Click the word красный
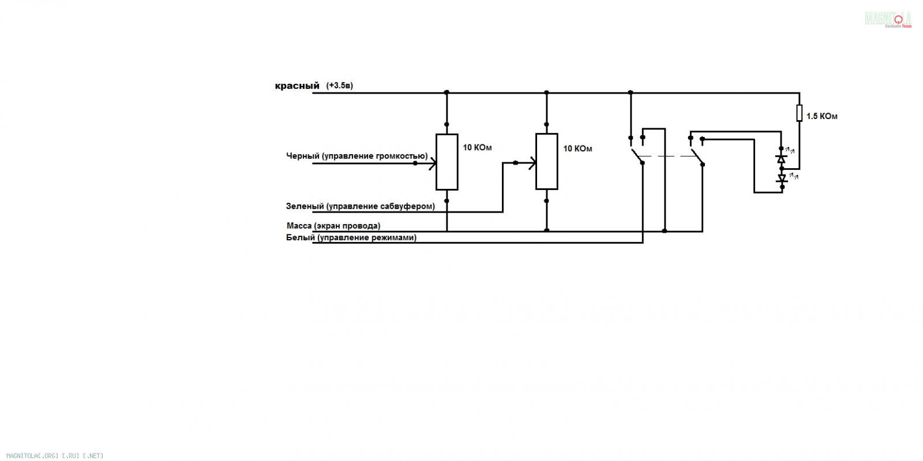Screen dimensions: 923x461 pos(297,86)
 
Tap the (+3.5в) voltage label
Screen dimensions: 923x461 pos(340,85)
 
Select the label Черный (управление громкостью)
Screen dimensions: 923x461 pos(357,156)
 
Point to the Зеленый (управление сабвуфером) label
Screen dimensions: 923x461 pos(361,206)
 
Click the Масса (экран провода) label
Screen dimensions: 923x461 pos(333,226)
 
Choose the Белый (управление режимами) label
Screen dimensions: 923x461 pos(351,238)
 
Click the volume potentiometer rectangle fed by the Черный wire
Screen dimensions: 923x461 pos(447,162)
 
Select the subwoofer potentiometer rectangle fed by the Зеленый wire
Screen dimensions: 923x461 pos(547,161)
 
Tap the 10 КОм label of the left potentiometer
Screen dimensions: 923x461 pos(477,148)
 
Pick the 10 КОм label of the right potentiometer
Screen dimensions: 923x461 pos(577,148)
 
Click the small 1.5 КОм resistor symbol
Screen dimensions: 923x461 pos(799,113)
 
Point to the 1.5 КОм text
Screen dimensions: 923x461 pos(821,116)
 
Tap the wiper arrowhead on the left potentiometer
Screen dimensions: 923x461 pos(432,163)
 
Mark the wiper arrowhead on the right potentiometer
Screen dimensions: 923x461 pos(532,163)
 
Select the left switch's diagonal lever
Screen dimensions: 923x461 pos(637,156)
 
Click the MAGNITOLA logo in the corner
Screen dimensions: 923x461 pos(888,19)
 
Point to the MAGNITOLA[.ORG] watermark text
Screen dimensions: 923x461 pos(55,456)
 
